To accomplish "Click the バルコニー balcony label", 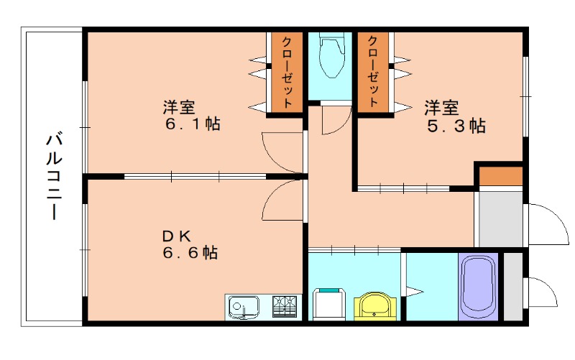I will point(52,175).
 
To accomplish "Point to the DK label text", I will point(175,235).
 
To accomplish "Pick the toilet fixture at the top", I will point(331,57).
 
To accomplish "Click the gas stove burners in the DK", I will point(285,308).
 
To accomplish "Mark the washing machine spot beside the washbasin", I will point(330,304).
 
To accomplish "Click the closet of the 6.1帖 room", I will point(287,73).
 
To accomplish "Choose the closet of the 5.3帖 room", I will point(373,72).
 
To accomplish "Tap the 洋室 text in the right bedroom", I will point(441,109).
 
